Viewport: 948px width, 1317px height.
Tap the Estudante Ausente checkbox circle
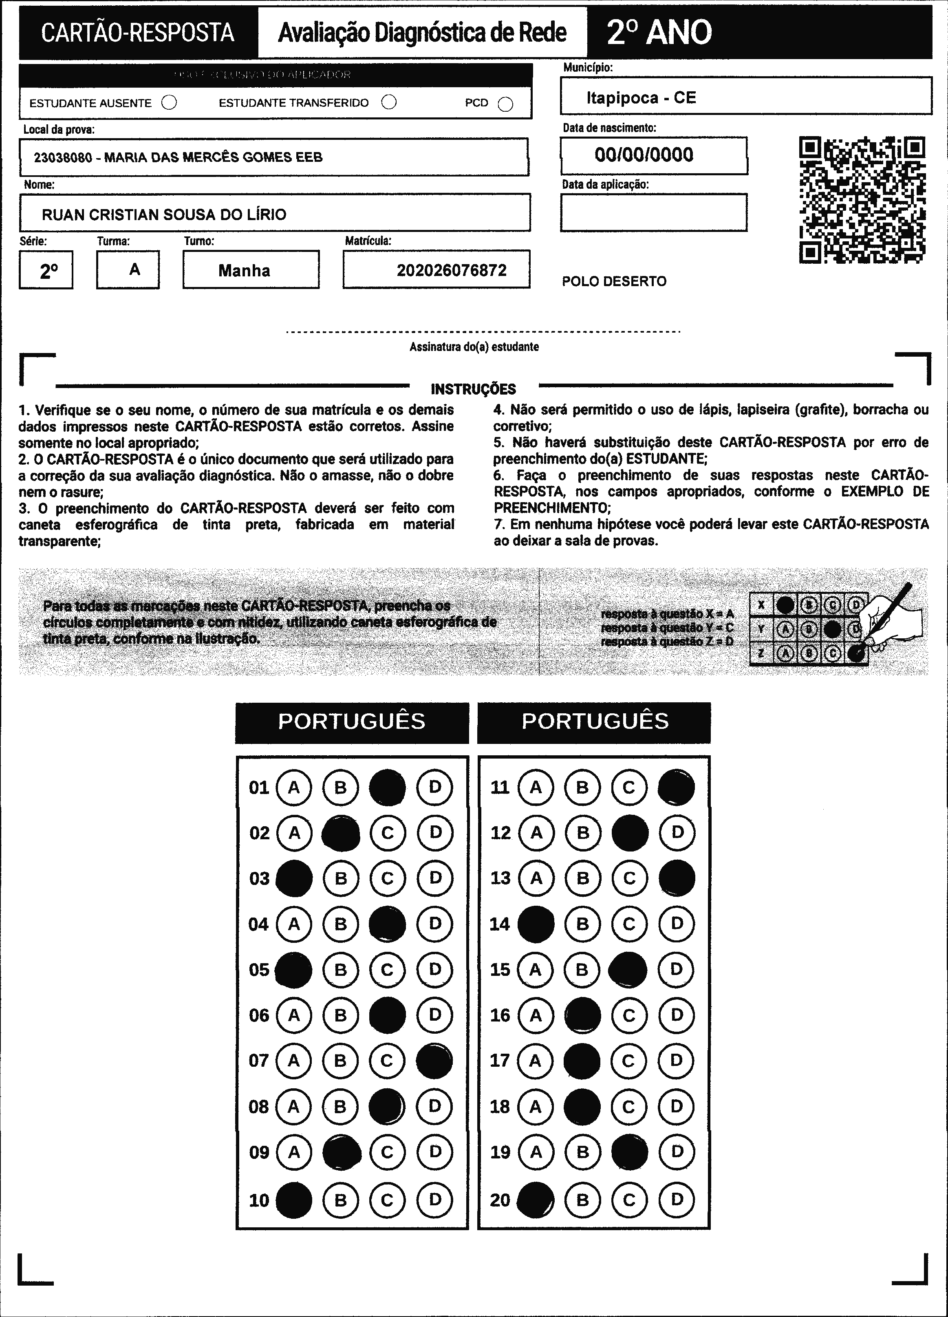pos(170,103)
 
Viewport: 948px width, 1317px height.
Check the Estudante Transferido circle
pos(389,102)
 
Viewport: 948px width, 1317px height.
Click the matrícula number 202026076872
pos(451,270)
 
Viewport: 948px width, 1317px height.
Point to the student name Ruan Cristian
pos(164,215)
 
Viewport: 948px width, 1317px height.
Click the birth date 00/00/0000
pos(644,155)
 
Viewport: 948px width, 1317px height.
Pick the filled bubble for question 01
pos(387,788)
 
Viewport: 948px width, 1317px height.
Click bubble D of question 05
pos(435,969)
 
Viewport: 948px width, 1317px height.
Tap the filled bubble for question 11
pos(676,788)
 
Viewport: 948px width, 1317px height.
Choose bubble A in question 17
pos(535,1060)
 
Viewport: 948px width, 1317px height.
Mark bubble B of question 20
pos(582,1200)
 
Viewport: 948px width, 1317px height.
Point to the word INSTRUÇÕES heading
pos(473,389)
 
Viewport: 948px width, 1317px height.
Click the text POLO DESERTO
pos(614,282)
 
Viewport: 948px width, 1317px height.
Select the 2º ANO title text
pos(659,33)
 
